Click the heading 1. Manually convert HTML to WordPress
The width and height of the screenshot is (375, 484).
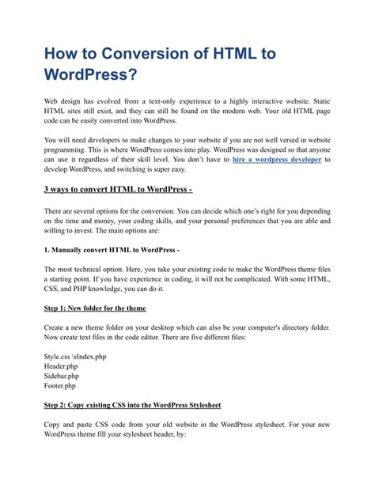pyautogui.click(x=112, y=250)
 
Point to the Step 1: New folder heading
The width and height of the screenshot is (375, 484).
pyautogui.click(x=94, y=308)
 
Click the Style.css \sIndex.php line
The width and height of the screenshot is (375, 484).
pyautogui.click(x=75, y=357)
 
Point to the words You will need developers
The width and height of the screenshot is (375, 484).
pyautogui.click(x=84, y=139)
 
